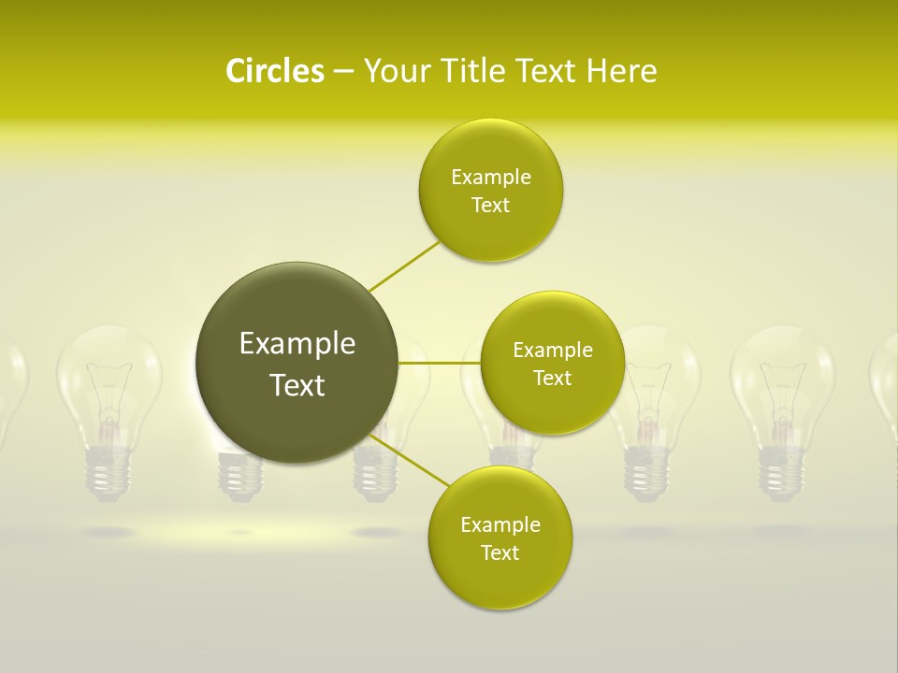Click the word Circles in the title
274,71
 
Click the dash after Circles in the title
342,72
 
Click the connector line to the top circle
404,265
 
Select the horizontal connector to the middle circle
439,363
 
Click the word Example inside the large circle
297,344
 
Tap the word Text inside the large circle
297,385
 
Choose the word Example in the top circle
490,178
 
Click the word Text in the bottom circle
500,553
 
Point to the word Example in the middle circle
552,351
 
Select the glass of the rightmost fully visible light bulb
782,383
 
